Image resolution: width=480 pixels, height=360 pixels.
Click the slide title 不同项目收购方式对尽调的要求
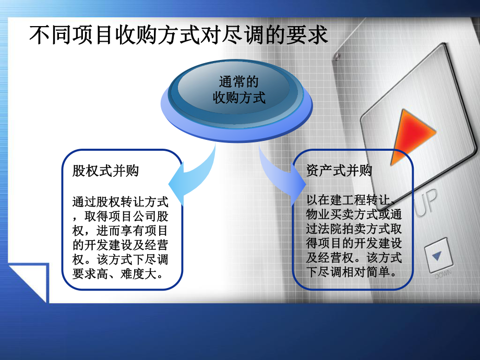178,35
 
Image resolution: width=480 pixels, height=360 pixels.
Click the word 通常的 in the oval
239,82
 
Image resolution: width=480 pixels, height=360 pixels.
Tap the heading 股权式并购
106,171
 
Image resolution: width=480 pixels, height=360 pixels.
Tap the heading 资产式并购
339,171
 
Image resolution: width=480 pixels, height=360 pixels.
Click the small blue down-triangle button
437,255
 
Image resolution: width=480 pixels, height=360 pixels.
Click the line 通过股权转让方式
121,201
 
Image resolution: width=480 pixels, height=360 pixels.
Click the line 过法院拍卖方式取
354,230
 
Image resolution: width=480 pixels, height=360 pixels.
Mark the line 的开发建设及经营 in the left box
121,245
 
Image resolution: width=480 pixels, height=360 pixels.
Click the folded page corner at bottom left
29,282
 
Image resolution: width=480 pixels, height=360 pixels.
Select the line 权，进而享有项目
121,231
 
